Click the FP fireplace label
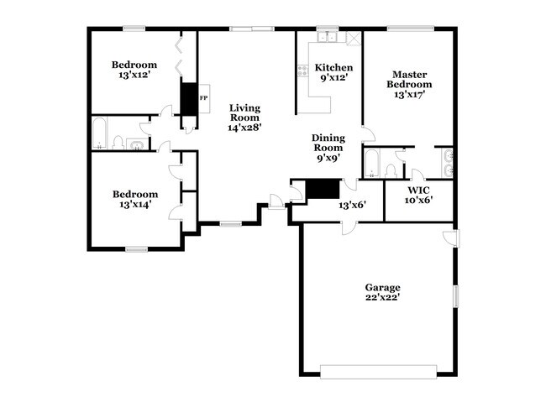click(x=204, y=98)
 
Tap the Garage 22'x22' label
click(x=382, y=292)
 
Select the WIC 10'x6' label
click(x=418, y=196)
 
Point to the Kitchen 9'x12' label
click(x=334, y=72)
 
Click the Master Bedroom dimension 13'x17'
click(x=409, y=94)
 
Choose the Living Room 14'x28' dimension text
click(x=244, y=128)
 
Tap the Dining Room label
click(x=328, y=143)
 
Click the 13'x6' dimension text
click(x=352, y=206)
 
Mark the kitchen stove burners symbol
click(x=302, y=71)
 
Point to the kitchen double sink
click(x=328, y=37)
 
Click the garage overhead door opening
click(x=378, y=372)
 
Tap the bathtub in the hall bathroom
click(x=99, y=133)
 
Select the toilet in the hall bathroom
click(x=118, y=143)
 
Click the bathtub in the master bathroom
click(x=371, y=164)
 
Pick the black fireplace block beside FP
click(x=189, y=99)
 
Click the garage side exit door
click(x=452, y=238)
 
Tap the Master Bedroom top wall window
click(x=411, y=29)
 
